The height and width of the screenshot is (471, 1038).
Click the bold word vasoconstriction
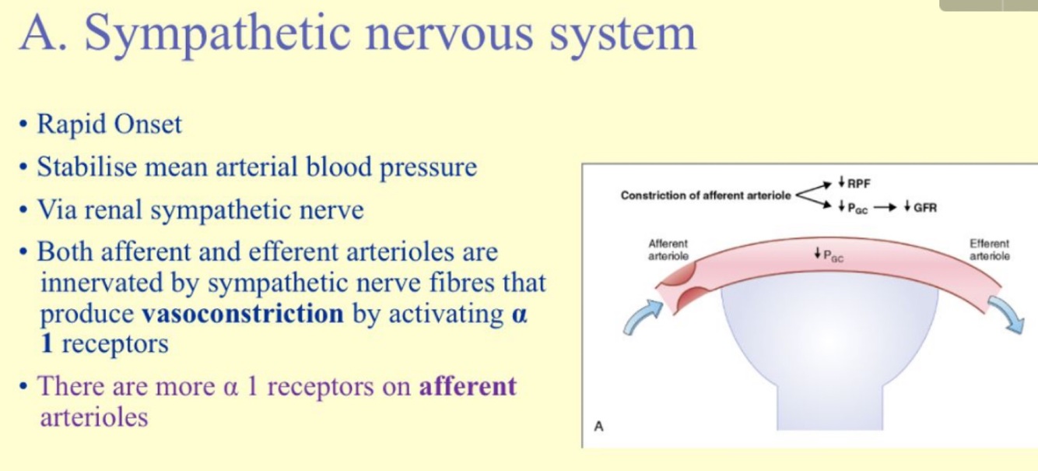[243, 314]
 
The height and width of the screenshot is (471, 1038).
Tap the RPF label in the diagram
[858, 184]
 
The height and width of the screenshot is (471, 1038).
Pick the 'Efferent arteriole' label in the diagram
[989, 250]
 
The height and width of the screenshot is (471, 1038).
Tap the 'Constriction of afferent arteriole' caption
[706, 195]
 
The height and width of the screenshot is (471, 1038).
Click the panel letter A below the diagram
[598, 426]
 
